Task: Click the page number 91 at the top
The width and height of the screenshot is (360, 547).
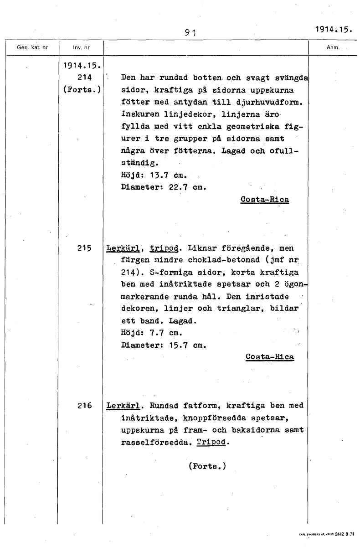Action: pyautogui.click(x=190, y=32)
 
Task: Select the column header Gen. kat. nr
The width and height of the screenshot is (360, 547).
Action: pyautogui.click(x=32, y=47)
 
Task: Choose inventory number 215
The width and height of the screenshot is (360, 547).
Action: pyautogui.click(x=85, y=248)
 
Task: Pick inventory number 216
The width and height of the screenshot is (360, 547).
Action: pyautogui.click(x=85, y=405)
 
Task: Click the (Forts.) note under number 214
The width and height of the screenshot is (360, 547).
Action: pyautogui.click(x=81, y=89)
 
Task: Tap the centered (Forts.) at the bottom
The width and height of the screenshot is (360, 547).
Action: pyautogui.click(x=206, y=466)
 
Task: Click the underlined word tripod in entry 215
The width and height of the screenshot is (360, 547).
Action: pyautogui.click(x=163, y=248)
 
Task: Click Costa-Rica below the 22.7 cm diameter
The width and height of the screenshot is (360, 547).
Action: pyautogui.click(x=264, y=199)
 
